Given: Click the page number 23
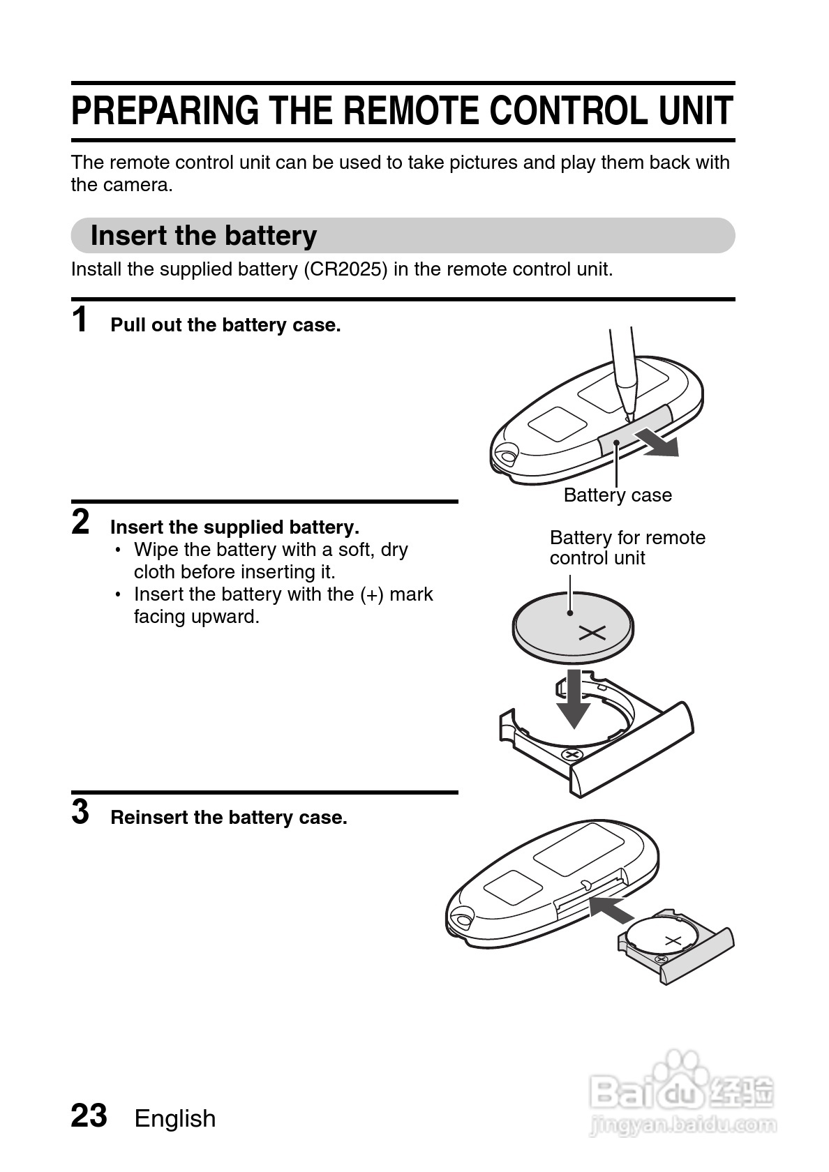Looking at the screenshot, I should click(89, 1115).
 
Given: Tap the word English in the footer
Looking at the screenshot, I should click(175, 1118).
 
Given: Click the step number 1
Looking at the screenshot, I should click(81, 320).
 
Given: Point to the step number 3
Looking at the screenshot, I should click(81, 812).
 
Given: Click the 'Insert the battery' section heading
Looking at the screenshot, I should click(204, 236).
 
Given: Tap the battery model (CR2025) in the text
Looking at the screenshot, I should click(345, 269).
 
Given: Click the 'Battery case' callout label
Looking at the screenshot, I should click(618, 495).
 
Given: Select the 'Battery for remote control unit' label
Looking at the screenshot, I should click(627, 548).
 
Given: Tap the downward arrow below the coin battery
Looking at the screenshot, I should click(574, 702).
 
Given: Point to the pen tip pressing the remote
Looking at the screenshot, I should click(627, 416).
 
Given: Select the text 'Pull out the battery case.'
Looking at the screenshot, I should click(225, 325).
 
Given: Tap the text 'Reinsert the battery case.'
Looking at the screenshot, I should click(229, 818).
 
